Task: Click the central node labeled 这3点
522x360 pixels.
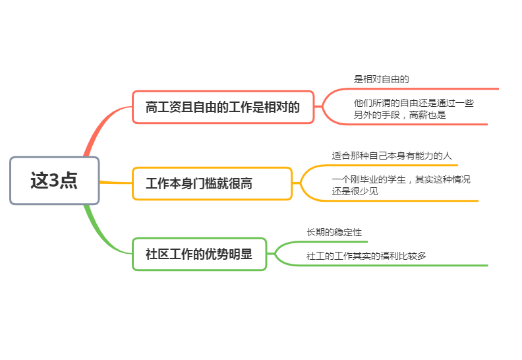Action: [x=55, y=181]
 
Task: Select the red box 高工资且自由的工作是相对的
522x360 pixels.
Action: [x=223, y=107]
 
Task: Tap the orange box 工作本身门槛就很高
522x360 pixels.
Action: [x=212, y=183]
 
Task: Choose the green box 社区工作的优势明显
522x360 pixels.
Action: [x=200, y=254]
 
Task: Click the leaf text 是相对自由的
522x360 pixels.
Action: [x=381, y=79]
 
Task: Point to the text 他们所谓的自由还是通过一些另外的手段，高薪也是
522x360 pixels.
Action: [x=413, y=109]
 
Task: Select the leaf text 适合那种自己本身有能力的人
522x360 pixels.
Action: [x=391, y=156]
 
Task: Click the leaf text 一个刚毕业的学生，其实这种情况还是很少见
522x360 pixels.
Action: [x=401, y=185]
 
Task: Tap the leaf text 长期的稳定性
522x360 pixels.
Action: [x=334, y=232]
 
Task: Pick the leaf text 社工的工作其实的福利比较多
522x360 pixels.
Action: [x=366, y=256]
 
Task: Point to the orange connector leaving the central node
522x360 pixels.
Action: [x=116, y=183]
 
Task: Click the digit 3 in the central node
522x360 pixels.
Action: [x=54, y=181]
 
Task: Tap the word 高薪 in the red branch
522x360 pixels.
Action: [x=418, y=115]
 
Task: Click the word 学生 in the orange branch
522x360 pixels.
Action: [x=396, y=179]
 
